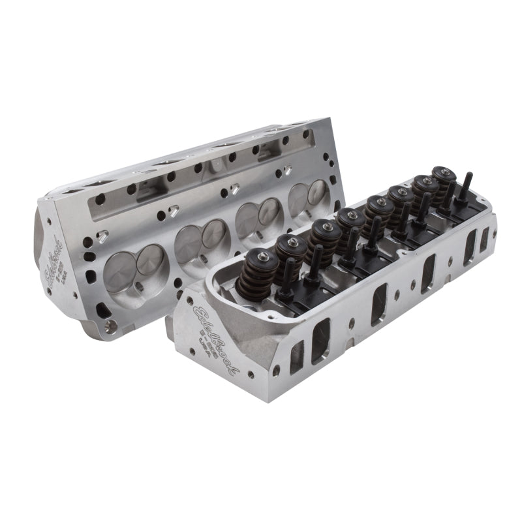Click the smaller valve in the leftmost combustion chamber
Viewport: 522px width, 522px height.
coord(151,259)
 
